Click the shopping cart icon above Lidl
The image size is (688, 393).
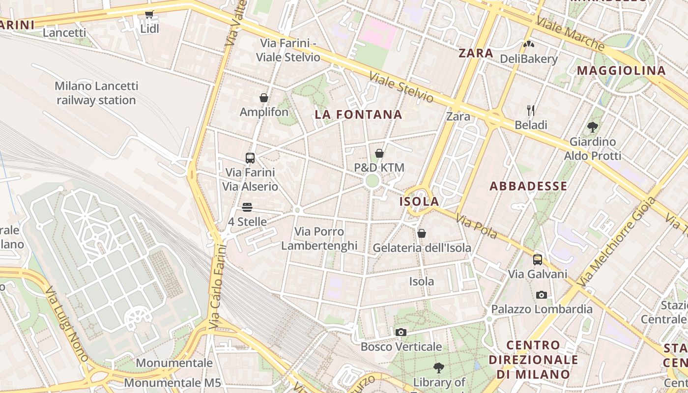pos(149,15)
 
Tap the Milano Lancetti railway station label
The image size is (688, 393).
pos(96,93)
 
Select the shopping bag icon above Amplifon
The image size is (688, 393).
pos(264,98)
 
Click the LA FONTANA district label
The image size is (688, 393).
pos(358,115)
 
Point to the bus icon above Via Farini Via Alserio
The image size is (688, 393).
pos(250,158)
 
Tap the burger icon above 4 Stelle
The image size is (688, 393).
pos(247,207)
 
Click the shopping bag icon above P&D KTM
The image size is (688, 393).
pos(379,153)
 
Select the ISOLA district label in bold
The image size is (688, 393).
pos(419,201)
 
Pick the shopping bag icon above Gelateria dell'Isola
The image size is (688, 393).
pos(422,233)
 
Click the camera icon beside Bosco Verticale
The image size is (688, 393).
pos(401,333)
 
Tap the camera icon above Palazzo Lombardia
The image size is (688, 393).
pos(542,295)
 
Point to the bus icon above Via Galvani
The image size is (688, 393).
pos(538,259)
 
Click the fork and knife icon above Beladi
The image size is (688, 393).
pos(531,110)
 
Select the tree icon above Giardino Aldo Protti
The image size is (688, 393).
pos(593,127)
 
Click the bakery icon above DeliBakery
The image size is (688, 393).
pos(529,44)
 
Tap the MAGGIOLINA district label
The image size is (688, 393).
pos(621,71)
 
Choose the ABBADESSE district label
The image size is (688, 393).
pos(528,186)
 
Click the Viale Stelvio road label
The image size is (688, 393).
pos(401,88)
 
